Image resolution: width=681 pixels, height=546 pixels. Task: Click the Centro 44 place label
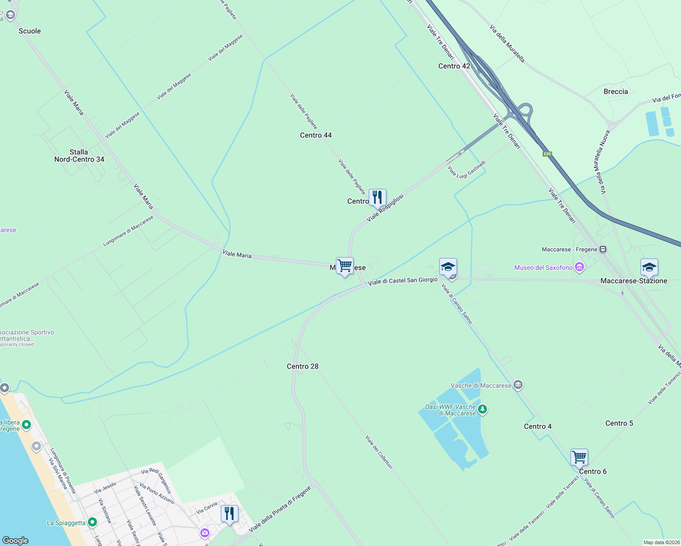click(x=316, y=135)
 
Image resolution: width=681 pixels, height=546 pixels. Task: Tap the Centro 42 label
click(x=454, y=66)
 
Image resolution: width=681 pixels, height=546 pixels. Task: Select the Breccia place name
click(x=615, y=91)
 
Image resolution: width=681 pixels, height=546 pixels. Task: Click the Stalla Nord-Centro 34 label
click(x=79, y=156)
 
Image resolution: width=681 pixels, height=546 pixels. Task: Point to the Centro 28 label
click(x=303, y=366)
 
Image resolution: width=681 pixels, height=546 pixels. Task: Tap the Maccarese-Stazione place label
click(x=634, y=281)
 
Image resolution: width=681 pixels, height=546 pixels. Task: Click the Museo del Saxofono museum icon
click(x=579, y=267)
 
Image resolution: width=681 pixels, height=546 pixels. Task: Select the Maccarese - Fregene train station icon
click(x=603, y=249)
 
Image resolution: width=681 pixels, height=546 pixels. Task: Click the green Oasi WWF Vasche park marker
click(x=483, y=409)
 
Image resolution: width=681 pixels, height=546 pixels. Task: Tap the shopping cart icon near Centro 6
click(x=579, y=456)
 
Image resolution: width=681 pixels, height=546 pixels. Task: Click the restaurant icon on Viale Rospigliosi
click(x=377, y=197)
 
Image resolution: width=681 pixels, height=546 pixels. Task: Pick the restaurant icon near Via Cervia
click(x=229, y=513)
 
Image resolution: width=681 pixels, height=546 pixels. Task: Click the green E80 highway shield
click(x=547, y=154)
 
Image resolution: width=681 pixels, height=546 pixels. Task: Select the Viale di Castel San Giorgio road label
click(x=403, y=281)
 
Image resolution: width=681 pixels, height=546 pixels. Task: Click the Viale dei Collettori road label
click(x=379, y=452)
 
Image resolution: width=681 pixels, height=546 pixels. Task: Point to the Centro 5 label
click(x=619, y=423)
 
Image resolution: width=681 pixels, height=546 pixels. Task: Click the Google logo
click(x=15, y=540)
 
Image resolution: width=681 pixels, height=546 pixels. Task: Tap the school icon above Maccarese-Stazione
click(x=649, y=267)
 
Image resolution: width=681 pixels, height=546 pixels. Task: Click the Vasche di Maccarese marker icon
click(x=518, y=385)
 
